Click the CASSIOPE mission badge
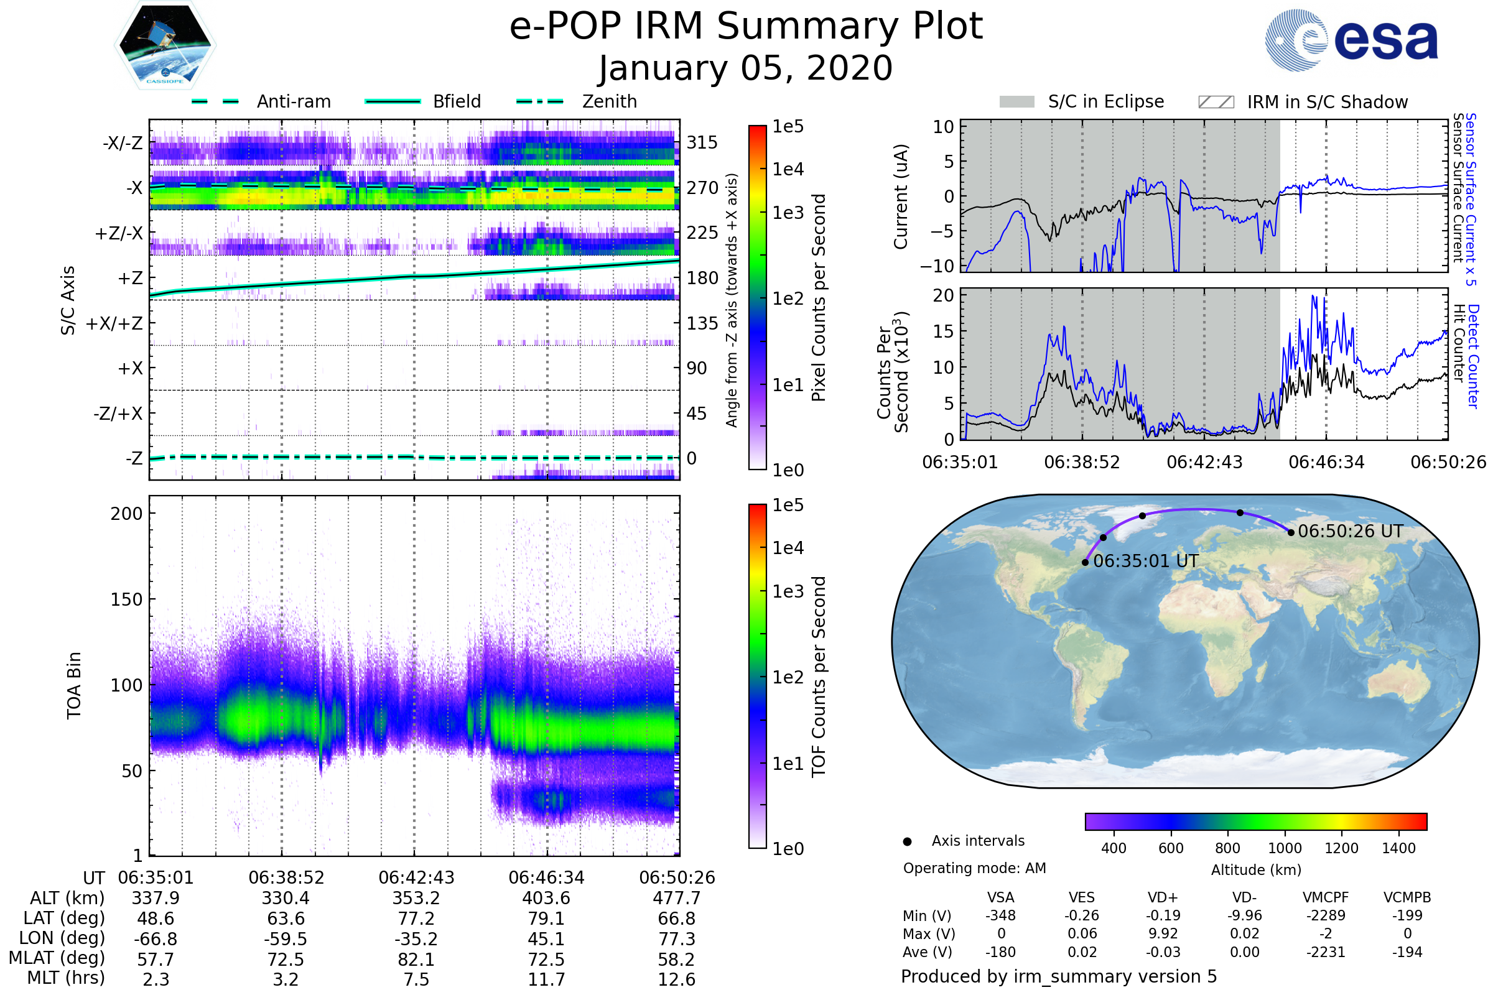[x=165, y=45]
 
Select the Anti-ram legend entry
[x=261, y=101]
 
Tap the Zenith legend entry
[x=577, y=101]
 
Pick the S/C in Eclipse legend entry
[x=1082, y=101]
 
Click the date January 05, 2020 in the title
[x=746, y=68]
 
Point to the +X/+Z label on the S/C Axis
[x=114, y=323]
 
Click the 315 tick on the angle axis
[x=702, y=142]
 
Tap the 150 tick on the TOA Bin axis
[x=126, y=599]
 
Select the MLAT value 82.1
[x=416, y=960]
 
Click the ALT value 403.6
[x=547, y=899]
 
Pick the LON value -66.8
[x=156, y=939]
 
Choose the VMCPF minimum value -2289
[x=1326, y=915]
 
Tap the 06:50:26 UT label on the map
[x=1350, y=531]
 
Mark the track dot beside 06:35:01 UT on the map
[x=1086, y=562]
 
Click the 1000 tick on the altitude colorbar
[x=1285, y=848]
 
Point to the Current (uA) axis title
[x=901, y=197]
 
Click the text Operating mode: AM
[x=974, y=868]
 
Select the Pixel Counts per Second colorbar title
[x=819, y=298]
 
